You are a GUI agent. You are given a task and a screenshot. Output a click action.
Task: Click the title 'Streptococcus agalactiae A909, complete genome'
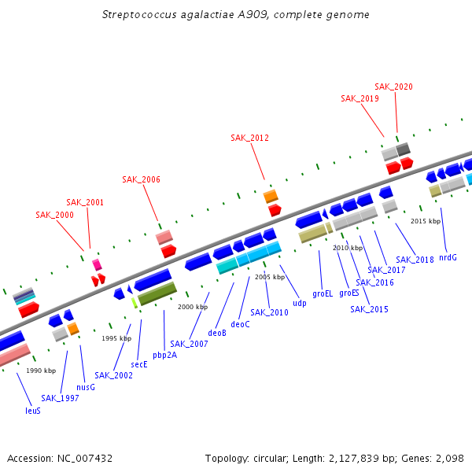tap(236, 15)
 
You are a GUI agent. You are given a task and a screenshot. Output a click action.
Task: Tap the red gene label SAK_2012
tap(249, 138)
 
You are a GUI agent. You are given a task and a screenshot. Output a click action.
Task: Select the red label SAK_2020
tap(393, 87)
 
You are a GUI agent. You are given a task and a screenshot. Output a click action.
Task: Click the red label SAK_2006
tap(141, 179)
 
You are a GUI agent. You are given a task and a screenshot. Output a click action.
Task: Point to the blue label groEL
tap(323, 293)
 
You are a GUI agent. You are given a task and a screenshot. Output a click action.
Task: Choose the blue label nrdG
tap(448, 257)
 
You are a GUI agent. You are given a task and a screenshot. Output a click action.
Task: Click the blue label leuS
tap(33, 410)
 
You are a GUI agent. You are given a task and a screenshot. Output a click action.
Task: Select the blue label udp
tap(300, 303)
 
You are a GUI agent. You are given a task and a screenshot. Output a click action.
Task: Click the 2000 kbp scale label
tap(193, 307)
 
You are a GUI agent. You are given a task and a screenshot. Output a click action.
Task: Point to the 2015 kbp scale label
tap(425, 221)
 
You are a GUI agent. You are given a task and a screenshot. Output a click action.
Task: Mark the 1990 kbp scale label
tap(41, 371)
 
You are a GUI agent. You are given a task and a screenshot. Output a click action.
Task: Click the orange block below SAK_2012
tap(271, 196)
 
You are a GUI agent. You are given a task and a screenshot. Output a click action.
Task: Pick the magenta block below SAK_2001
tap(97, 265)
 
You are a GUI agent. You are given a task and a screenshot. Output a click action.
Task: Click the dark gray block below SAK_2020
tap(403, 149)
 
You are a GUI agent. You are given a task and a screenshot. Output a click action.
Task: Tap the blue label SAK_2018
tap(415, 260)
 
